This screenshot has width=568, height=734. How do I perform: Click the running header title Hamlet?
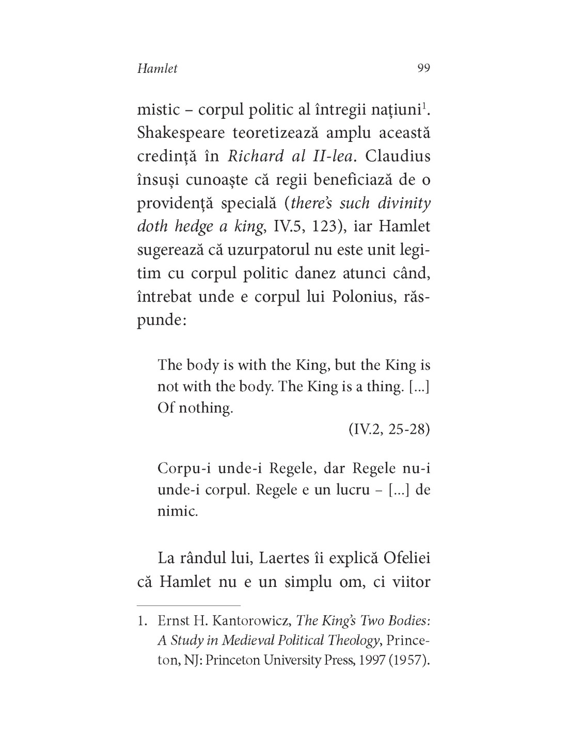coord(157,69)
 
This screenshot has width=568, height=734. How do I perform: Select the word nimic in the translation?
coord(178,513)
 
